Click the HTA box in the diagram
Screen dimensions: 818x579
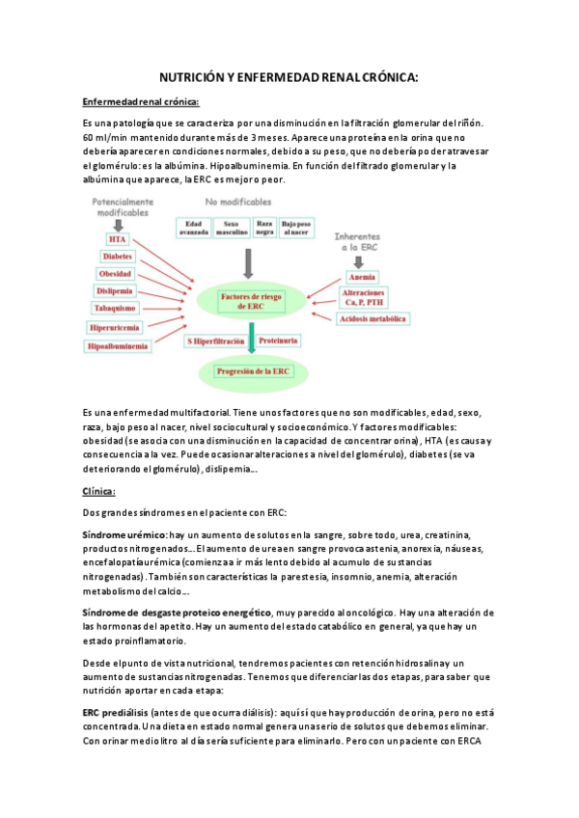pyautogui.click(x=118, y=239)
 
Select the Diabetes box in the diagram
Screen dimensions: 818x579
pyautogui.click(x=117, y=257)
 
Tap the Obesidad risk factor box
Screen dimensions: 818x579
pyautogui.click(x=116, y=274)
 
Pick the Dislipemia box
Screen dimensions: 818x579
pyautogui.click(x=115, y=290)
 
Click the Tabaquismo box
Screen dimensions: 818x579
pyautogui.click(x=115, y=308)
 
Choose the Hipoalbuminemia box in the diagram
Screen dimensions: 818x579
pyautogui.click(x=118, y=345)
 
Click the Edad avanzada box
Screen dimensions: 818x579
pyautogui.click(x=193, y=227)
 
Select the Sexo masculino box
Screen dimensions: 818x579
pyautogui.click(x=231, y=227)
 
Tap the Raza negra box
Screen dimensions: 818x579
pyautogui.click(x=264, y=227)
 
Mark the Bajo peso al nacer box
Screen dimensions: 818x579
pyautogui.click(x=296, y=227)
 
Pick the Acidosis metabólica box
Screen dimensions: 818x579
pyautogui.click(x=373, y=319)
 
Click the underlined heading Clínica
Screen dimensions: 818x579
pyautogui.click(x=99, y=491)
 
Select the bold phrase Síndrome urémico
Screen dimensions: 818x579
pyautogui.click(x=125, y=533)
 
